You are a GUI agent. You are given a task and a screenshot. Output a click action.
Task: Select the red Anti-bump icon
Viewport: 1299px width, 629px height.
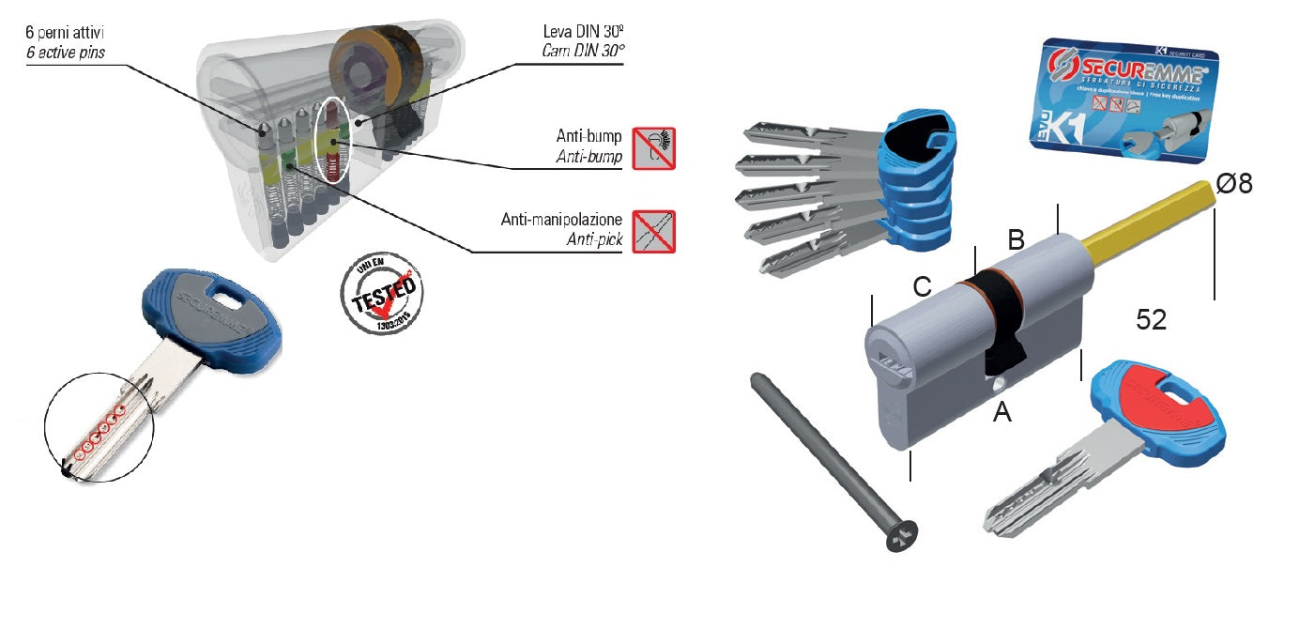coord(653,146)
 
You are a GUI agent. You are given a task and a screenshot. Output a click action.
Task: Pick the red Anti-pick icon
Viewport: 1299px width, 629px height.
coord(653,232)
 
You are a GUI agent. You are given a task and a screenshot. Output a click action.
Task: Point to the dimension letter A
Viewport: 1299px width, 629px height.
coord(1002,411)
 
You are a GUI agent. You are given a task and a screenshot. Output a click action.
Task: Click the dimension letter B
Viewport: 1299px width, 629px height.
coord(1016,239)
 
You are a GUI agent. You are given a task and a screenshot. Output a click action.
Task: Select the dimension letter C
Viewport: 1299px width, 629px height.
coord(923,287)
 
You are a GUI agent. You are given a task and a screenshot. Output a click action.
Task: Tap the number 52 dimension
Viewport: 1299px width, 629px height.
coord(1151,320)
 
